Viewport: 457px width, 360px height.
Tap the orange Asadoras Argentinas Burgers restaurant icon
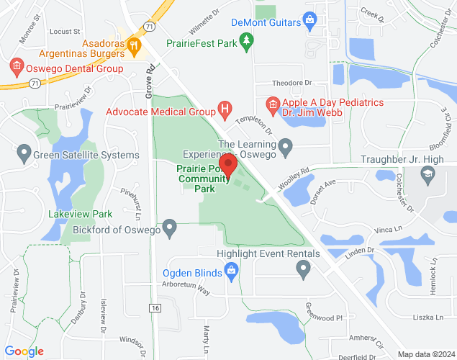pyautogui.click(x=132, y=47)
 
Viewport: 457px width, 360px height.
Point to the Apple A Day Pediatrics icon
pyautogui.click(x=272, y=105)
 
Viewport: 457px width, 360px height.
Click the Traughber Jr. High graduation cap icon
pyautogui.click(x=427, y=174)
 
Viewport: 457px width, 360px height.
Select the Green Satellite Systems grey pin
pyautogui.click(x=24, y=153)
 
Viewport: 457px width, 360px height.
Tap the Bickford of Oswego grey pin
pyautogui.click(x=170, y=229)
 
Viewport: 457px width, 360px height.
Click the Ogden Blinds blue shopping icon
pyautogui.click(x=231, y=271)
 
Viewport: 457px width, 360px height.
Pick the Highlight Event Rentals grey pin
pyautogui.click(x=303, y=269)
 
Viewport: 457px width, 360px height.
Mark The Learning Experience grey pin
pyautogui.click(x=286, y=149)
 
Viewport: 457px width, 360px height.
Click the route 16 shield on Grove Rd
pyautogui.click(x=155, y=307)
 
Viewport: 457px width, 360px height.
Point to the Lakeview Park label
pyautogui.click(x=81, y=214)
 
